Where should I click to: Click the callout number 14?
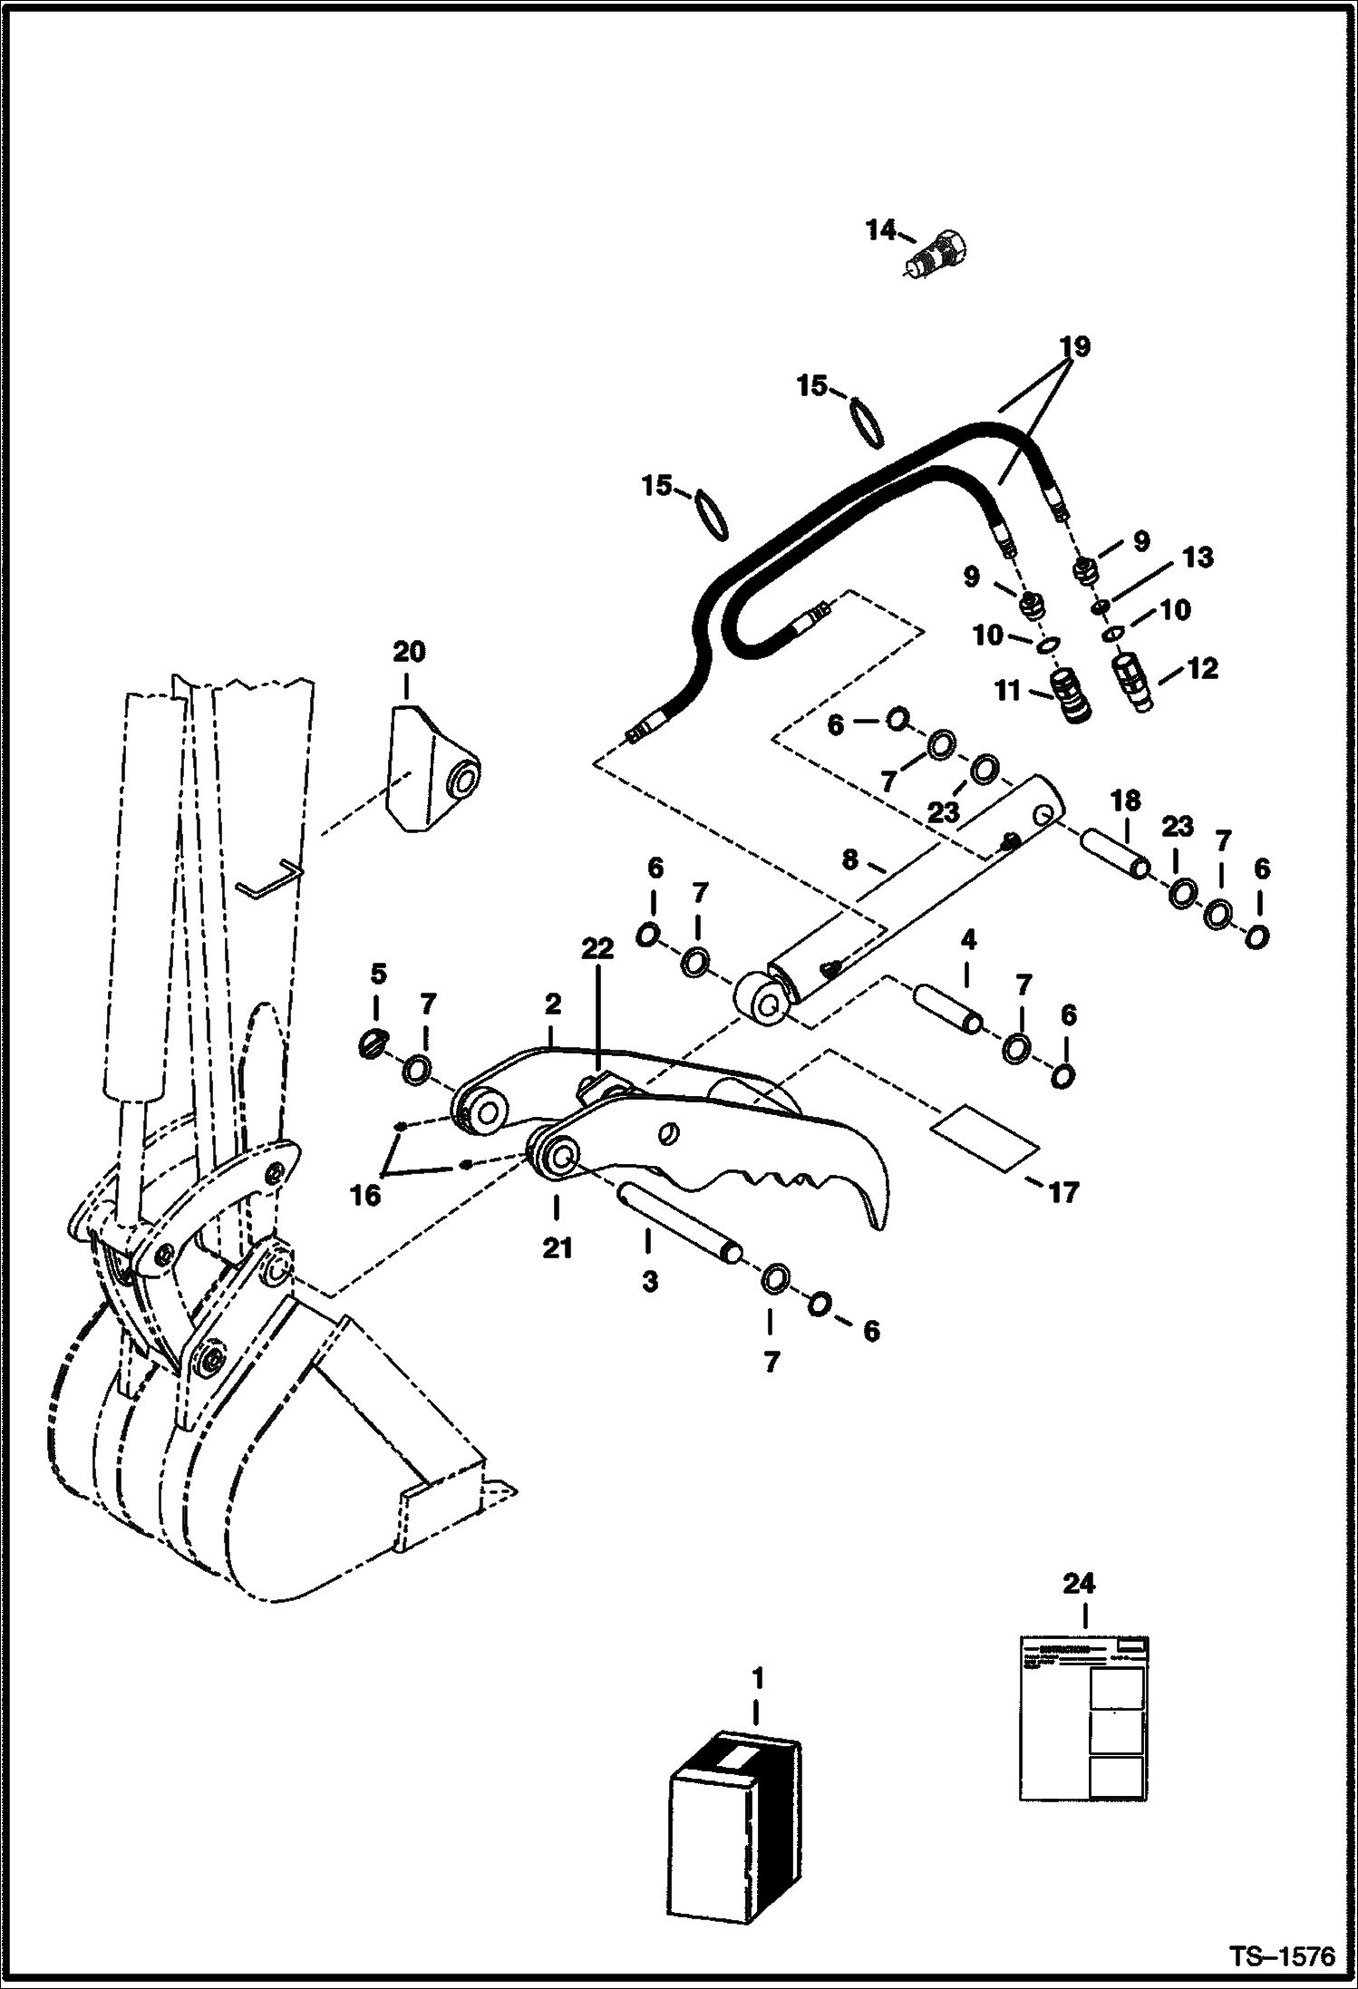[879, 230]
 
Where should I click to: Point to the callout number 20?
[409, 652]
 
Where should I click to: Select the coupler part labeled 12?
[1132, 682]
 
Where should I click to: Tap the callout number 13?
[1198, 557]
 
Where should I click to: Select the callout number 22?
[598, 949]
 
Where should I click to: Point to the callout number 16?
[365, 1196]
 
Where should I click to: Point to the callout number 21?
[557, 1248]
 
